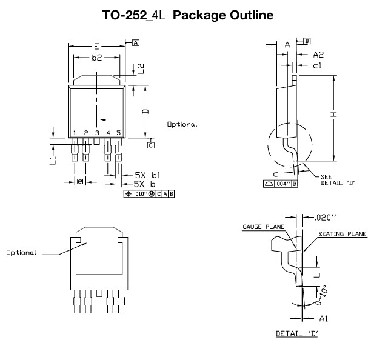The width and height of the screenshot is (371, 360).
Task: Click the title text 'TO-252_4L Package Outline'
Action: coord(185,14)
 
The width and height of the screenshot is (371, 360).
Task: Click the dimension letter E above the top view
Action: coord(96,45)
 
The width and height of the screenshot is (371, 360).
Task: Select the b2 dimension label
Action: coord(96,58)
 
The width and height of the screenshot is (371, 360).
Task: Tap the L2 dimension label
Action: coord(140,68)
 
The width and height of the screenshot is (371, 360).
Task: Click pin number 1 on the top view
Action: coord(74,132)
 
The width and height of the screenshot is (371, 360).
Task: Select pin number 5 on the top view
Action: coord(119,132)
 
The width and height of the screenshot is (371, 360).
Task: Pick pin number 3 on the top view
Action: coord(97,132)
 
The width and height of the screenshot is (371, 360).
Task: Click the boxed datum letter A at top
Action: coord(135,42)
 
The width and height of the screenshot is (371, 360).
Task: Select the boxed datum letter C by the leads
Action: coord(151,145)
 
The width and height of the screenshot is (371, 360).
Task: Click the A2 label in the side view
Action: coord(319,55)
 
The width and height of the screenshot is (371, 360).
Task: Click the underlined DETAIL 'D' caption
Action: coord(297,333)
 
